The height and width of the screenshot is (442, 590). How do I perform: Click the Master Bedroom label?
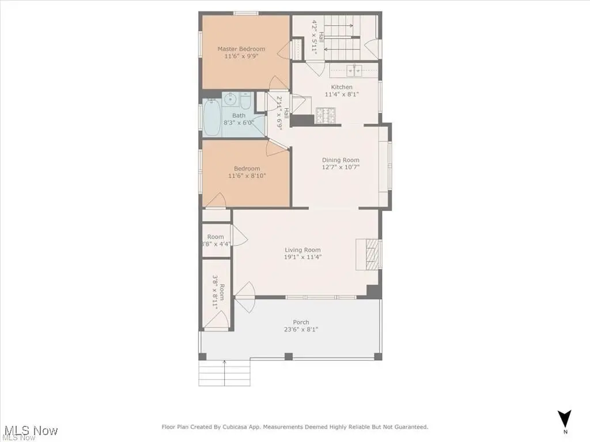click(241, 49)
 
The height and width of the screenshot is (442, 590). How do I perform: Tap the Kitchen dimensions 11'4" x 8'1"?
click(342, 95)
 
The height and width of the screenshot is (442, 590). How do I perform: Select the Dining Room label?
click(341, 160)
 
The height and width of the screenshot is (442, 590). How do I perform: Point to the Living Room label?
click(302, 250)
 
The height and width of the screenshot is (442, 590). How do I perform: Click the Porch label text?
click(301, 322)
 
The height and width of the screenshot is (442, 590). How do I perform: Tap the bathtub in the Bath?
click(212, 117)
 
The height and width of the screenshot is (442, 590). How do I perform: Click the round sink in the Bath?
click(230, 99)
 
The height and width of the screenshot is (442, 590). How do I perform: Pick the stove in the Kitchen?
click(327, 115)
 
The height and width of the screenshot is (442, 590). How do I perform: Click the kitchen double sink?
click(354, 70)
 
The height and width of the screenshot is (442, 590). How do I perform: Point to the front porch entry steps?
click(224, 373)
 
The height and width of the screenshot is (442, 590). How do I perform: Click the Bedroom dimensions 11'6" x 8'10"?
click(247, 176)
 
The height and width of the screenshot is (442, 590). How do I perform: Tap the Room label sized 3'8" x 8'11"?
click(218, 292)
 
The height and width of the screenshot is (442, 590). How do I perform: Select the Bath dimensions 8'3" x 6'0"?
click(239, 123)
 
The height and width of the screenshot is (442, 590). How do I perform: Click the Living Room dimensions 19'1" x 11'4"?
click(302, 257)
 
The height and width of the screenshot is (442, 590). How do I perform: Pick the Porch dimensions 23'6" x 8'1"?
click(301, 330)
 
